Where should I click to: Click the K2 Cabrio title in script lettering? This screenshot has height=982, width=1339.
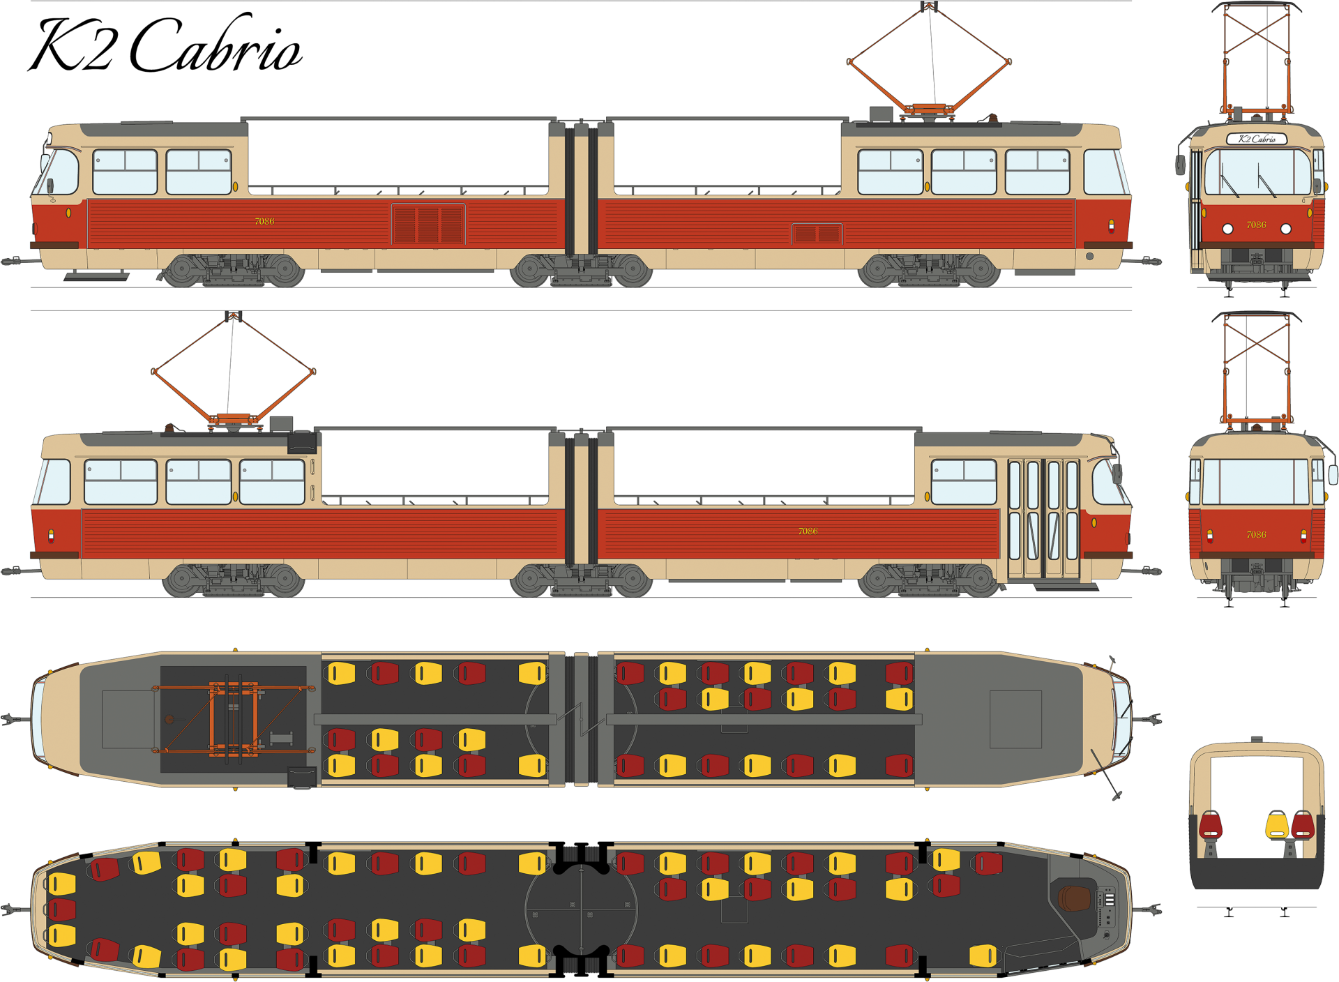tap(166, 45)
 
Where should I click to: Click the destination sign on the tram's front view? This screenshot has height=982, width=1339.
tap(1256, 139)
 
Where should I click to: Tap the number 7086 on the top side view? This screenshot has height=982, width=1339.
tap(264, 221)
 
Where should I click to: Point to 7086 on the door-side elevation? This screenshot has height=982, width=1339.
tap(808, 531)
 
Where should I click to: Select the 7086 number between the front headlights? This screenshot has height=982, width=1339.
tap(1256, 225)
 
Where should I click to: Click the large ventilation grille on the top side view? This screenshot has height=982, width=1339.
tap(428, 224)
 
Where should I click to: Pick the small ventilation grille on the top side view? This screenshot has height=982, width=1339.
tap(817, 234)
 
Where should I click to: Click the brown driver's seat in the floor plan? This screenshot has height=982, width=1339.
tap(1073, 898)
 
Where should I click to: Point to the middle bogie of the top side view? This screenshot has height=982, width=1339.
tap(581, 271)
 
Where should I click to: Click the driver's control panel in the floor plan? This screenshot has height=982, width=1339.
tap(1107, 907)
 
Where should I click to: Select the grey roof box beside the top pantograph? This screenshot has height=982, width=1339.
tap(881, 114)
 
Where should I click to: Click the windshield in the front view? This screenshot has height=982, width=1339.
tap(1256, 172)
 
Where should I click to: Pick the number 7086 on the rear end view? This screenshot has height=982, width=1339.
tap(1256, 535)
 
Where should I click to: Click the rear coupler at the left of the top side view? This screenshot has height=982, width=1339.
tap(13, 262)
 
